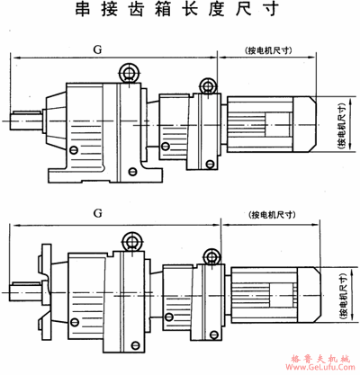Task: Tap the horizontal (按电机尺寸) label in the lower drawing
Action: click(x=273, y=216)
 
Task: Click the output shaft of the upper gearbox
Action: click(x=28, y=118)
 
